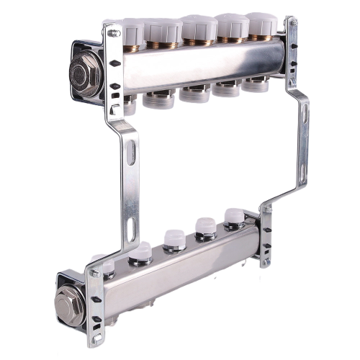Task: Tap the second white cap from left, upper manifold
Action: pyautogui.click(x=164, y=30)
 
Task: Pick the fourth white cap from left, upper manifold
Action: pyautogui.click(x=230, y=26)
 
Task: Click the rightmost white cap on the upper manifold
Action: pyautogui.click(x=261, y=24)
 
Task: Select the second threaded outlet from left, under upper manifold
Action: pyautogui.click(x=158, y=97)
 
